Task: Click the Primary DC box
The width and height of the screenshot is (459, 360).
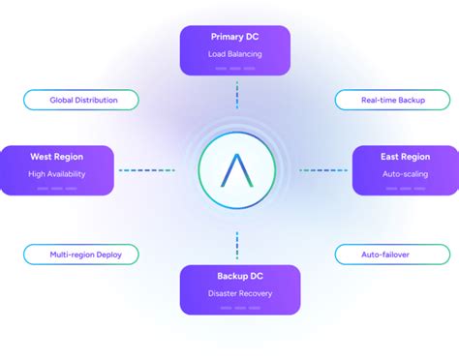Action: click(x=235, y=50)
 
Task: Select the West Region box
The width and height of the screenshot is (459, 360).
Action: click(x=57, y=169)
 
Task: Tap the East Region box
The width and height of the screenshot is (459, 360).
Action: click(x=404, y=169)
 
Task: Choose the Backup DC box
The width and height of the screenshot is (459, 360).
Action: click(x=239, y=288)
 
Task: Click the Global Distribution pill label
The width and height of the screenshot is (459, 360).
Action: click(x=81, y=100)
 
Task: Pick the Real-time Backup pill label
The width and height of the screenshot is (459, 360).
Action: click(x=391, y=100)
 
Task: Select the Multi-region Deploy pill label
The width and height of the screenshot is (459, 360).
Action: click(x=81, y=255)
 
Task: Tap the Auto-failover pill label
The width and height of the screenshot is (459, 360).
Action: click(x=391, y=255)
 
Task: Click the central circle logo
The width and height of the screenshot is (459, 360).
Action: click(x=236, y=171)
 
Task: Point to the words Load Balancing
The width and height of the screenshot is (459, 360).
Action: click(x=235, y=54)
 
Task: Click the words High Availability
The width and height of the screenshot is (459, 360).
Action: click(x=57, y=174)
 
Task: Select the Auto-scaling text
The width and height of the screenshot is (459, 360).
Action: click(x=404, y=174)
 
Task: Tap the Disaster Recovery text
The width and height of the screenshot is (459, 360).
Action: click(x=239, y=293)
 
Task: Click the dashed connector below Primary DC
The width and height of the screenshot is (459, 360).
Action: click(x=236, y=95)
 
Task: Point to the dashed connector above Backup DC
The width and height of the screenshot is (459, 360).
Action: click(x=236, y=246)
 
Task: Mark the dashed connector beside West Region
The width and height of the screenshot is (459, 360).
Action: click(x=146, y=170)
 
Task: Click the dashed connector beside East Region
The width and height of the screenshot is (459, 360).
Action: click(x=324, y=170)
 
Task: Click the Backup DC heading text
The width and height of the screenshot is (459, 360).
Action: click(x=239, y=276)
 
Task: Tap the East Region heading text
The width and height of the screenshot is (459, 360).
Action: click(x=404, y=157)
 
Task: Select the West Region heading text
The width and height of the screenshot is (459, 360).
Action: click(x=57, y=157)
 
